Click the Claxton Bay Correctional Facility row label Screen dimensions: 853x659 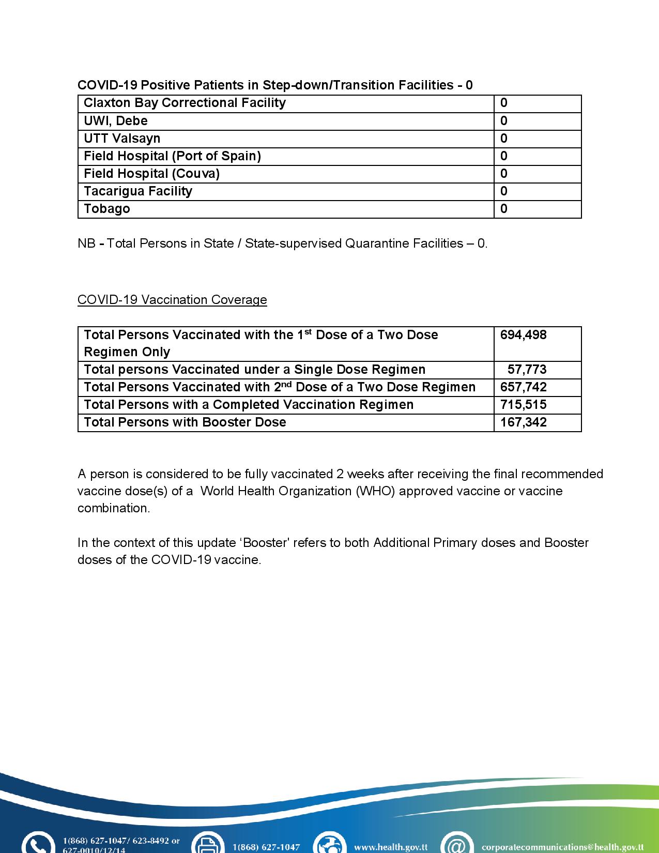pyautogui.click(x=185, y=103)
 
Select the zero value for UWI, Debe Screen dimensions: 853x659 pyautogui.click(x=504, y=121)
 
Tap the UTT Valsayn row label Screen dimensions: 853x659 pyautogui.click(x=122, y=139)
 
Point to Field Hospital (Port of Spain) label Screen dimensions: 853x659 pyautogui.click(x=172, y=156)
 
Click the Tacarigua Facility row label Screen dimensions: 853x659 pyautogui.click(x=138, y=191)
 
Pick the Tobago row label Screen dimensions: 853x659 pyautogui.click(x=107, y=209)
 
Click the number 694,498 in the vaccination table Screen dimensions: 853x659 pyautogui.click(x=523, y=335)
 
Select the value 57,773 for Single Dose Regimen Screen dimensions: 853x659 pyautogui.click(x=527, y=370)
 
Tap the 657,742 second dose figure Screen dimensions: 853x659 pyautogui.click(x=523, y=387)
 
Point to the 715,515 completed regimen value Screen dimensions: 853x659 pyautogui.click(x=523, y=405)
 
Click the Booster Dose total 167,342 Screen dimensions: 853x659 pyautogui.click(x=523, y=422)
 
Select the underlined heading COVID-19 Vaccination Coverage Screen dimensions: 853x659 pyautogui.click(x=172, y=300)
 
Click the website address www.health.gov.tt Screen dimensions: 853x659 pyautogui.click(x=391, y=847)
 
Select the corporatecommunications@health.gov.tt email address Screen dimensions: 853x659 pyautogui.click(x=562, y=847)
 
